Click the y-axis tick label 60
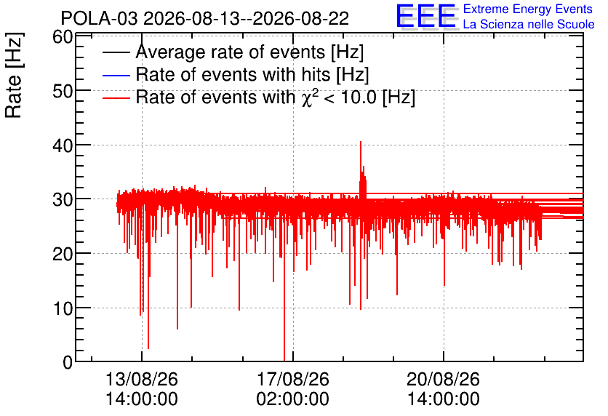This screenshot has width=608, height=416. tap(63, 38)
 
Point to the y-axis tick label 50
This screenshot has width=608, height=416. tap(63, 92)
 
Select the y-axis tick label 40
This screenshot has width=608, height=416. tap(63, 145)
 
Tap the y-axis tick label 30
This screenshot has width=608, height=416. tap(63, 200)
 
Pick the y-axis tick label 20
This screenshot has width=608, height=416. tap(63, 255)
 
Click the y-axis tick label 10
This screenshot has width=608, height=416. tap(63, 308)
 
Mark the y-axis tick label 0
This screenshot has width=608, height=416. tap(68, 362)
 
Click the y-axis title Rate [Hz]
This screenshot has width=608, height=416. tap(14, 75)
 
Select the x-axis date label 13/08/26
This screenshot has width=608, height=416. tap(142, 379)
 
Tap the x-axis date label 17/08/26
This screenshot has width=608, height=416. tap(293, 379)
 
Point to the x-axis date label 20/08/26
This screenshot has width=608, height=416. tap(443, 379)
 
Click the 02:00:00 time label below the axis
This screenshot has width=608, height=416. tap(293, 399)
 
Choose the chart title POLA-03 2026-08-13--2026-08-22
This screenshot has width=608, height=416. tap(205, 19)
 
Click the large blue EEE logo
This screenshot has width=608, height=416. tap(425, 16)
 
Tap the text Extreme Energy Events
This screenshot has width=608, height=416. tap(528, 9)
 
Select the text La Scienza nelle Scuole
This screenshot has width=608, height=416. tap(529, 24)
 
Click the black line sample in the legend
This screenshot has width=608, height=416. tap(116, 52)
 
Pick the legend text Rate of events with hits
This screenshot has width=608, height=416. tap(236, 74)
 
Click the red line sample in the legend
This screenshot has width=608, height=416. tap(116, 97)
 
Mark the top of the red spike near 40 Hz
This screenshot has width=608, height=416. tap(361, 142)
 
